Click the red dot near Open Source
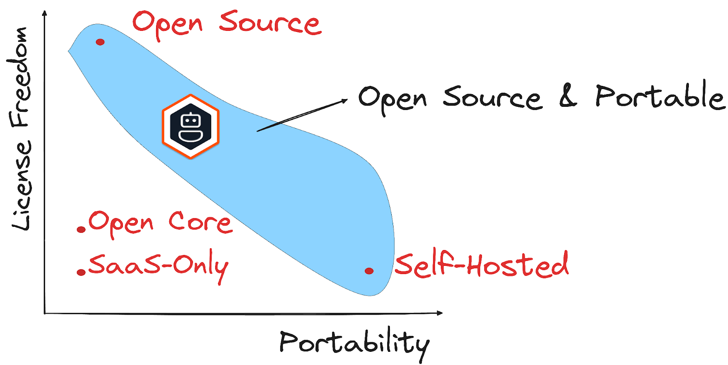(100, 42)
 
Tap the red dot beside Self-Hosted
(369, 271)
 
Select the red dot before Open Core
(81, 230)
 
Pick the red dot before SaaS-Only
(81, 272)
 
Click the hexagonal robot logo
(191, 126)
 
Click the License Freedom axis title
(21, 129)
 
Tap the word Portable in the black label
(660, 96)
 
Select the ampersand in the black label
(568, 96)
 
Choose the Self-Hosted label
(481, 265)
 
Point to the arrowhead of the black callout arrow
(344, 100)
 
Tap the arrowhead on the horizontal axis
(439, 313)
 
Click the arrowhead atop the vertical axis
(45, 14)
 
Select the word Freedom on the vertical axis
(21, 77)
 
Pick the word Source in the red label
(270, 24)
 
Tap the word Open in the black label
(392, 99)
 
